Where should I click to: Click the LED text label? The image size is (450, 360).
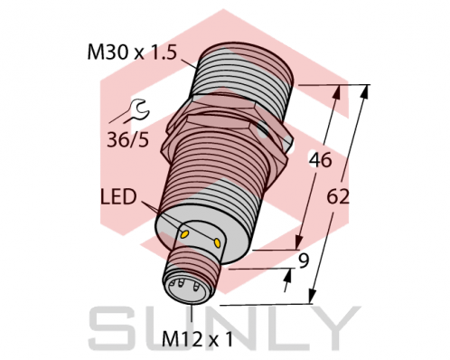tap(119, 197)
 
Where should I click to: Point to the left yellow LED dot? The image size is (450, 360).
tap(185, 233)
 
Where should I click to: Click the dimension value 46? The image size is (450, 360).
tap(320, 161)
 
